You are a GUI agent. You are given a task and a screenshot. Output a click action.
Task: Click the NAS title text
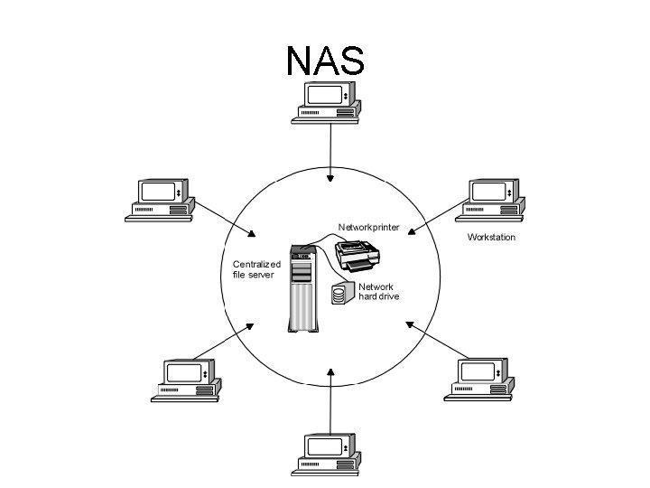pyautogui.click(x=325, y=61)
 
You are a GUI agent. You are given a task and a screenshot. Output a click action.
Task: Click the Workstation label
pyautogui.click(x=491, y=238)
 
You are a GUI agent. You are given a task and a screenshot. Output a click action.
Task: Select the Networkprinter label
pyautogui.click(x=368, y=227)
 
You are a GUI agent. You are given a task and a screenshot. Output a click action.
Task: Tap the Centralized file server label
pyautogui.click(x=256, y=268)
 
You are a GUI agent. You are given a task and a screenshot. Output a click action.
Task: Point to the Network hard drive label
pyautogui.click(x=378, y=291)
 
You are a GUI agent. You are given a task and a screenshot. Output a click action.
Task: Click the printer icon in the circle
pyautogui.click(x=358, y=257)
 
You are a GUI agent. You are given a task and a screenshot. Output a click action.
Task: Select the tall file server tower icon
pyautogui.click(x=303, y=287)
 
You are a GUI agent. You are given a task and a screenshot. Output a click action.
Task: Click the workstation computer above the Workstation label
pyautogui.click(x=491, y=201)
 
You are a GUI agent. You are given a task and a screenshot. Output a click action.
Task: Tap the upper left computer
pyautogui.click(x=162, y=201)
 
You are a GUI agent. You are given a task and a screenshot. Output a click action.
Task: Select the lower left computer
pyautogui.click(x=188, y=380)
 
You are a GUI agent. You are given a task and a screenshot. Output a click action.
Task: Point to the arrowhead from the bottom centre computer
pyautogui.click(x=331, y=371)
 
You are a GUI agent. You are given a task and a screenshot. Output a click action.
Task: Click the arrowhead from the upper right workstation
pyautogui.click(x=411, y=231)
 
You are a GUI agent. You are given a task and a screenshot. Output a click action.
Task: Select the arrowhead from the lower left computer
pyautogui.click(x=252, y=325)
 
